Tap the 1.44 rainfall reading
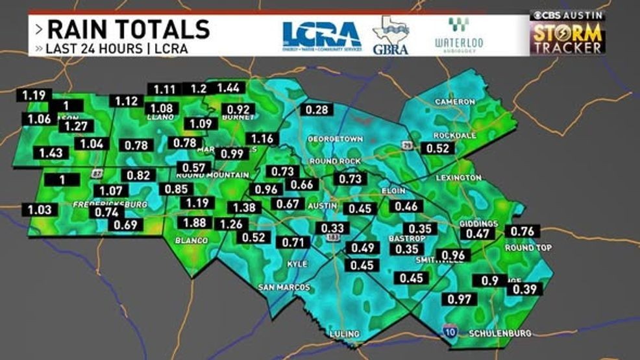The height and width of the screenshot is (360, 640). coord(228,88)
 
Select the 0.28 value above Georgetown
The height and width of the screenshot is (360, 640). coord(317,110)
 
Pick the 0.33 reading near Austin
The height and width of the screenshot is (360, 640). coord(333,228)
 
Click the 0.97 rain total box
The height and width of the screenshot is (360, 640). coord(459,299)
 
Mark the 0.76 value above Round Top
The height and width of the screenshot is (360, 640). coord(523,232)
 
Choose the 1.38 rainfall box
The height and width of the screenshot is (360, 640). coord(244,208)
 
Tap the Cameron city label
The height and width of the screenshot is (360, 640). coord(451,102)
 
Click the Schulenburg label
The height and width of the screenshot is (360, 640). coord(500,333)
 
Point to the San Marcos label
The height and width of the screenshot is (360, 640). coord(284,287)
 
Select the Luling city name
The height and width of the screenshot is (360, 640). coord(345,334)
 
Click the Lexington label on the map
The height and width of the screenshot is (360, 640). coord(458,177)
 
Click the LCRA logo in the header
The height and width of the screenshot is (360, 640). coord(321,35)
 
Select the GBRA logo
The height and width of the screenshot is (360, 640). coord(390,35)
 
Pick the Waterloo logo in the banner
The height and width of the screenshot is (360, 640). coord(458,35)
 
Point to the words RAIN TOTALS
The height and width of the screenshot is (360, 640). coord(129,29)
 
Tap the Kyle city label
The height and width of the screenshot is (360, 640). coord(297,264)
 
